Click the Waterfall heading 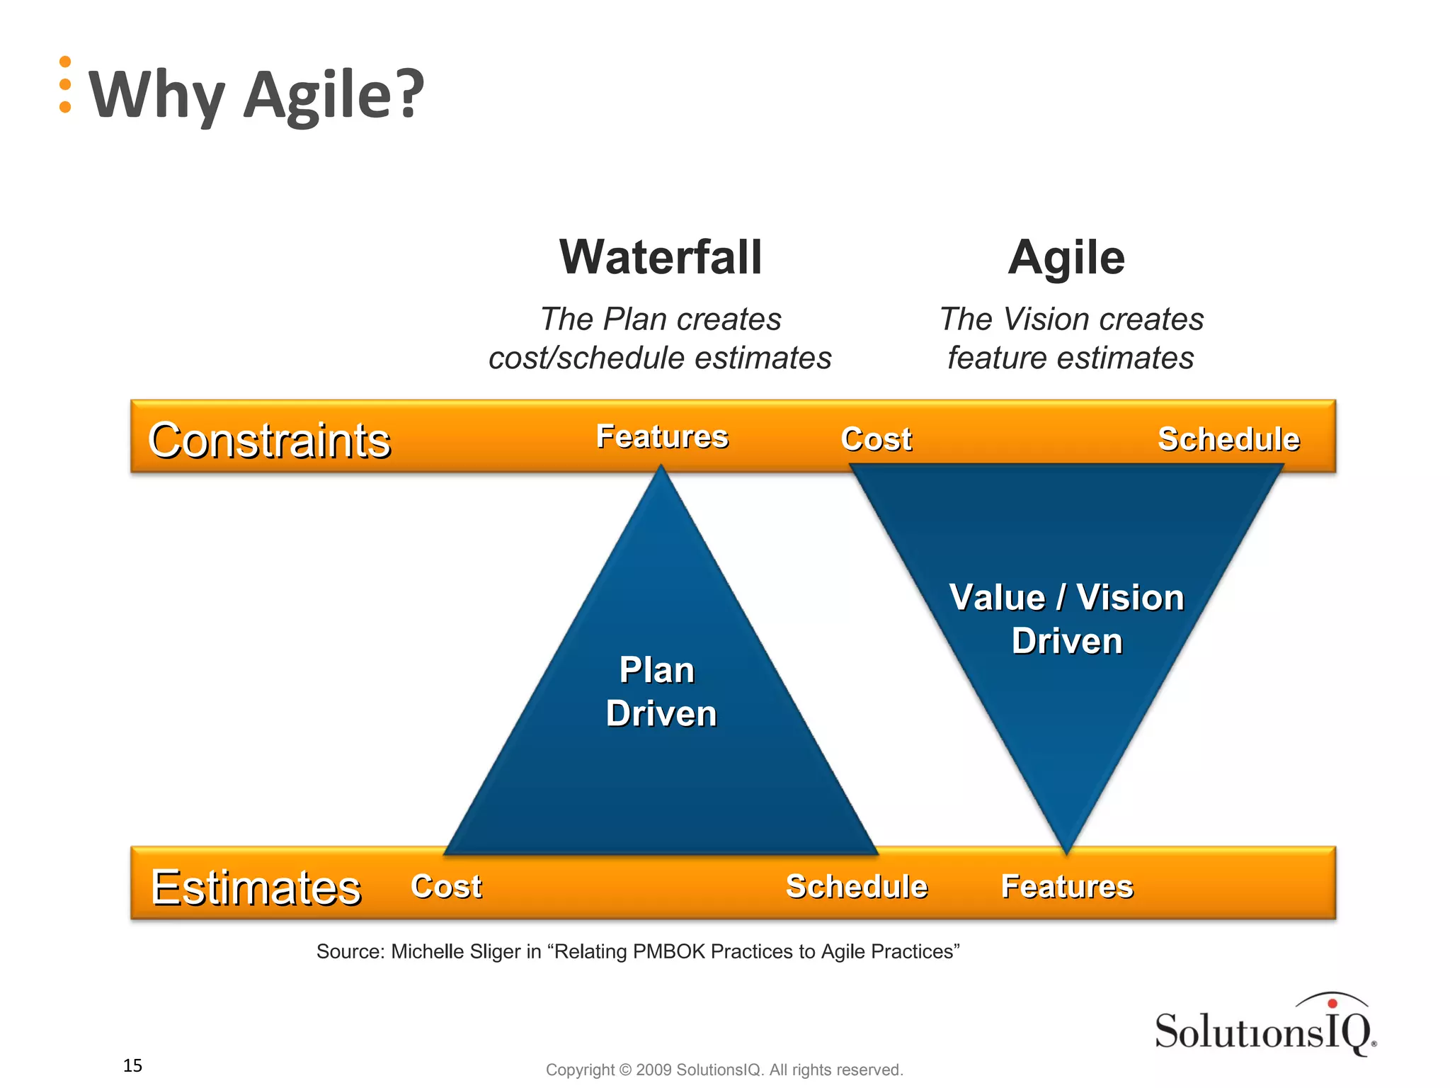[661, 258]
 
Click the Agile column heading [1066, 258]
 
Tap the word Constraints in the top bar [269, 440]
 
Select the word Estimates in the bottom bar [256, 887]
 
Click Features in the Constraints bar [662, 436]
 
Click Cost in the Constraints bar [876, 439]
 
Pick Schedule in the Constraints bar [1228, 439]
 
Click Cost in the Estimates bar [446, 886]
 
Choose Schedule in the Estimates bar [857, 886]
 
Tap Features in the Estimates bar [1067, 886]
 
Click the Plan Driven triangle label [660, 691]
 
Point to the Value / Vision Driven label [1066, 619]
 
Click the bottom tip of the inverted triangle [1066, 849]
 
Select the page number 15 [132, 1065]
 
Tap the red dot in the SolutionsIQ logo [1332, 1004]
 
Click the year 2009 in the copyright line [653, 1070]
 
